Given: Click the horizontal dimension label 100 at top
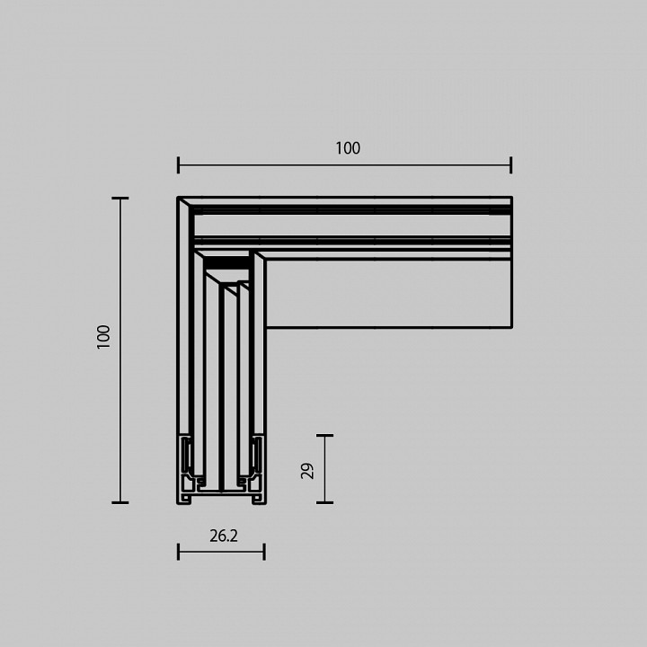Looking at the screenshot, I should [x=348, y=148].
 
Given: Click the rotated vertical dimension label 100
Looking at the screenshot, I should [x=103, y=337].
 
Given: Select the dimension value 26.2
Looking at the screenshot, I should [x=224, y=536].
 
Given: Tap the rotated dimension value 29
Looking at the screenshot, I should [x=307, y=470].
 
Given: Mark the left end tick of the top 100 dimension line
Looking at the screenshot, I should [x=179, y=164].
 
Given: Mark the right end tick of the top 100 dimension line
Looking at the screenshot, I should [x=510, y=164].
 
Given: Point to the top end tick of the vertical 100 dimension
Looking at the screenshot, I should [x=120, y=198].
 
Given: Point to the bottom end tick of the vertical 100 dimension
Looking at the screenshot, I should [x=120, y=502].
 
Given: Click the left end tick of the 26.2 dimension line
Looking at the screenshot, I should [x=179, y=551].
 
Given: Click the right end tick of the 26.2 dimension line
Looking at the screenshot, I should [x=264, y=551].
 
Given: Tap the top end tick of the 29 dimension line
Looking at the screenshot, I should [x=324, y=436].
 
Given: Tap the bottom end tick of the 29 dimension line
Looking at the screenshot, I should [x=324, y=502].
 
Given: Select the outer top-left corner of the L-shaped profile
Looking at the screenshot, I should [x=179, y=198].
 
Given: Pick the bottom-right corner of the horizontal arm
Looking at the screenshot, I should [x=511, y=327].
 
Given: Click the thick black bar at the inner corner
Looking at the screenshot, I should [x=226, y=267].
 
